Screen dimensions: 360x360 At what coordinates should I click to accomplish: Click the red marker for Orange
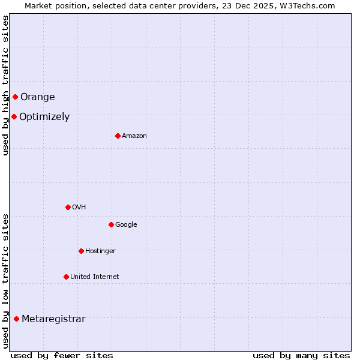[x=15, y=97]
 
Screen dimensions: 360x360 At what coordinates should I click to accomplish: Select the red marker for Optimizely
[x=14, y=116]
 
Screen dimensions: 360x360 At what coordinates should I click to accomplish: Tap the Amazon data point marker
[x=118, y=136]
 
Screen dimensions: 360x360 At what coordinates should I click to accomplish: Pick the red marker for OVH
[x=68, y=207]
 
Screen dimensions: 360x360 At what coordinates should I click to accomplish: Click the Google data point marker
[x=111, y=224]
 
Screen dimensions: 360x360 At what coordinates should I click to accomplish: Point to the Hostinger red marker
[x=81, y=251]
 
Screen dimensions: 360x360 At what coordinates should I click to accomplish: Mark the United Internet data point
[x=66, y=277]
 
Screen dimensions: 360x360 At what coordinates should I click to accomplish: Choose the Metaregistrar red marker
[x=16, y=319]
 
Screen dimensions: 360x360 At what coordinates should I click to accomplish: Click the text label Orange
[x=38, y=97]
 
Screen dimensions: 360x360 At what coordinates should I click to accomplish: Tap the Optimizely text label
[x=44, y=117]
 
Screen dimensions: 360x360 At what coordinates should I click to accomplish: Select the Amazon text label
[x=134, y=136]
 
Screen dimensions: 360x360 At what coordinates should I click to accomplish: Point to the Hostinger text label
[x=100, y=251]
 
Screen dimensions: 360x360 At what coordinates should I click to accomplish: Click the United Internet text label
[x=94, y=277]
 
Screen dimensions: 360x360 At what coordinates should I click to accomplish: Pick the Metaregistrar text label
[x=53, y=319]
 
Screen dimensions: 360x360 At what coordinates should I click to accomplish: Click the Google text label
[x=126, y=225]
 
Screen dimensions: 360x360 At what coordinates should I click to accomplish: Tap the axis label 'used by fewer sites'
[x=62, y=355]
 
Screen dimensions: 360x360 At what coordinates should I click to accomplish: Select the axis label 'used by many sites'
[x=301, y=355]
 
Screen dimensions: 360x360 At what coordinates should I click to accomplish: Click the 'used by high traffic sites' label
[x=5, y=85]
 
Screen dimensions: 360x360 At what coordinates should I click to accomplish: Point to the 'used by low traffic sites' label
[x=5, y=280]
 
